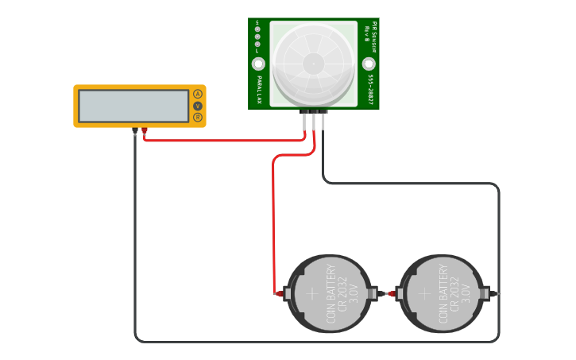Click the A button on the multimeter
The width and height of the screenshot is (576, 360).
pos(198,94)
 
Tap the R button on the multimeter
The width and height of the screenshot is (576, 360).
pos(198,118)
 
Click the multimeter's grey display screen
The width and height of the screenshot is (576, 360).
pos(133,106)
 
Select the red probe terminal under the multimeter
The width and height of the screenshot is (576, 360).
pos(145,130)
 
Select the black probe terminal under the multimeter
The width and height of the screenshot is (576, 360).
pos(135,130)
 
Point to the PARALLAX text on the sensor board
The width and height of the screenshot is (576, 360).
pos(260,91)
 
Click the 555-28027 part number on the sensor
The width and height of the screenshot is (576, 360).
pos(370,91)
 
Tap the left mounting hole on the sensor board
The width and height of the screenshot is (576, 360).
pos(259,64)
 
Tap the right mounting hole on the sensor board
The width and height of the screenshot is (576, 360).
pos(369,64)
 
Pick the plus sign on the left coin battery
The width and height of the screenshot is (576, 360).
pos(311,293)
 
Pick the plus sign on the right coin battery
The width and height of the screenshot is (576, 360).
pos(424,293)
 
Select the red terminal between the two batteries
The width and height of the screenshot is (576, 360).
pos(391,294)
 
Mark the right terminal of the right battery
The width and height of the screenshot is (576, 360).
pos(496,294)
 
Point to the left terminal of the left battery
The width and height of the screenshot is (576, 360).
pos(280,294)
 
